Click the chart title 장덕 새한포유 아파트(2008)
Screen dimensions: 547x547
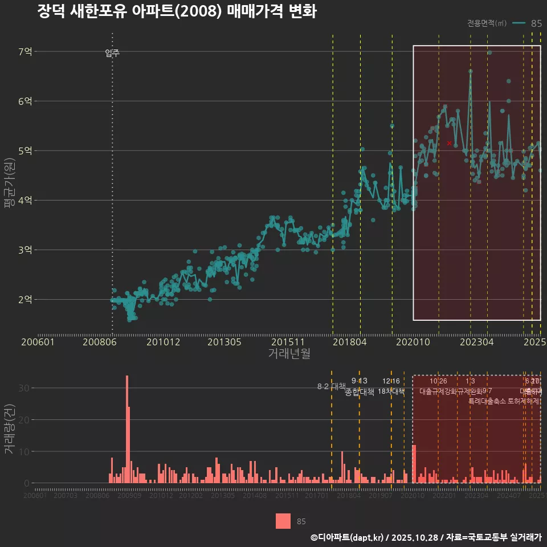click(x=177, y=11)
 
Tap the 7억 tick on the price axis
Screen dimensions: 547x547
click(x=25, y=52)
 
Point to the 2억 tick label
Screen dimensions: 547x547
click(x=25, y=299)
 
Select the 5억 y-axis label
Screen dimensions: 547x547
click(x=25, y=151)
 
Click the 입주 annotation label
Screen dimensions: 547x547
click(x=112, y=54)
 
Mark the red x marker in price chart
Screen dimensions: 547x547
click(x=449, y=143)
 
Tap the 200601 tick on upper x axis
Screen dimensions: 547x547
click(x=38, y=342)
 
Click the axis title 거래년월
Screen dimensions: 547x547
click(x=289, y=354)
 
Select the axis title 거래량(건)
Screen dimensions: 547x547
click(x=9, y=429)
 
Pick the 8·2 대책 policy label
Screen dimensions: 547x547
click(x=331, y=386)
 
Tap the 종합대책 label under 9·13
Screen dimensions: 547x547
click(x=360, y=392)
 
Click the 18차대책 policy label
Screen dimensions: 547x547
click(x=391, y=391)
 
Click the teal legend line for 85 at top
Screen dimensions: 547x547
click(x=519, y=23)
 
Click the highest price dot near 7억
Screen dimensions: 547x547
click(x=489, y=52)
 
